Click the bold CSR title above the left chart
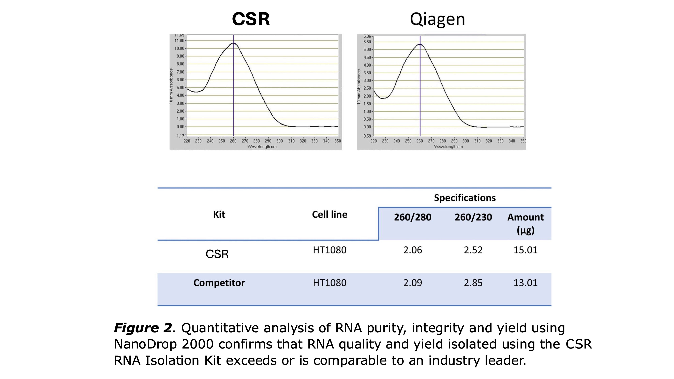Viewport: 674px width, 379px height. pos(251,19)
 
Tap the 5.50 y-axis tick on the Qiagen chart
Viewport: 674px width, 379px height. pos(367,42)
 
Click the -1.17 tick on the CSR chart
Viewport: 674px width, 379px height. pos(180,136)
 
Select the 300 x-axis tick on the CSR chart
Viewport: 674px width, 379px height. pos(279,141)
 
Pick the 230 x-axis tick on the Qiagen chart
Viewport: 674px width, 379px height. pos(385,141)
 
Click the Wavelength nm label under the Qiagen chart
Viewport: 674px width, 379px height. pos(448,147)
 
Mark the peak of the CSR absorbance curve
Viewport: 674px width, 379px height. pos(234,43)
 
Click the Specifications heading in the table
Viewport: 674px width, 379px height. pos(465,198)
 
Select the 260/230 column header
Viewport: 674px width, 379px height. pos(473,217)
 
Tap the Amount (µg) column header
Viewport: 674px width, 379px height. pos(525,224)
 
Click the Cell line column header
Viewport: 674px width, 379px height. pos(329,214)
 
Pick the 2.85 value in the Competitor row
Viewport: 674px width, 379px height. pos(473,283)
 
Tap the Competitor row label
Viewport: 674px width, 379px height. pos(219,283)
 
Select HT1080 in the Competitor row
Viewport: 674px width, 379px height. pos(329,283)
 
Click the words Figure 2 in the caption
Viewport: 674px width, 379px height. pos(143,328)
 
